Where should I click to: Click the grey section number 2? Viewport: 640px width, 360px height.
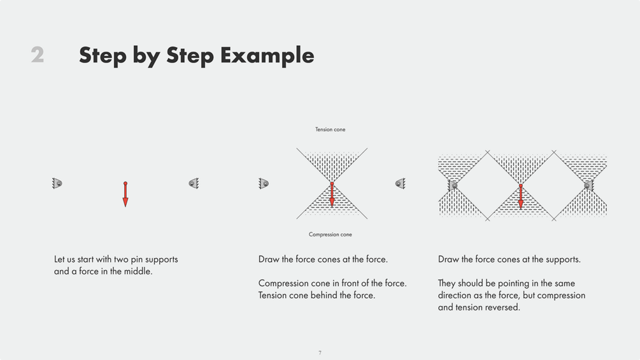coord(38,55)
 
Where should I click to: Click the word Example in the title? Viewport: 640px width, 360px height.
coord(267,55)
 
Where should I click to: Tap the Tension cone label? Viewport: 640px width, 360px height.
coord(331,129)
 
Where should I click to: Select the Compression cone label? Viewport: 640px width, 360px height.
coord(331,234)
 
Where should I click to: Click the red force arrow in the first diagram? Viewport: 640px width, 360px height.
coord(125,194)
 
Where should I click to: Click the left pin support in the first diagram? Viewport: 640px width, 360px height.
coord(57,184)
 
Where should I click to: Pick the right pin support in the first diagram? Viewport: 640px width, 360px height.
coord(194,184)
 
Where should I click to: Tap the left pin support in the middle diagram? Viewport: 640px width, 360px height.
coord(264,184)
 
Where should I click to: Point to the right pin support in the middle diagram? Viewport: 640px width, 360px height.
coord(401,184)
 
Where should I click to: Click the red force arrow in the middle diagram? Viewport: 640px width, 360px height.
coord(332,194)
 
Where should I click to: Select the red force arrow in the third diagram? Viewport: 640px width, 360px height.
coord(521,196)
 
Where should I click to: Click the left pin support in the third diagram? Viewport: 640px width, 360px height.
coord(453,185)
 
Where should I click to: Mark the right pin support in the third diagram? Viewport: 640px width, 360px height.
coord(588,185)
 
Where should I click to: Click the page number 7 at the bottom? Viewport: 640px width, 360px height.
coord(320,352)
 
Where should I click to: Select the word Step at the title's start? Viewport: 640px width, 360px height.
coord(103,55)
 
